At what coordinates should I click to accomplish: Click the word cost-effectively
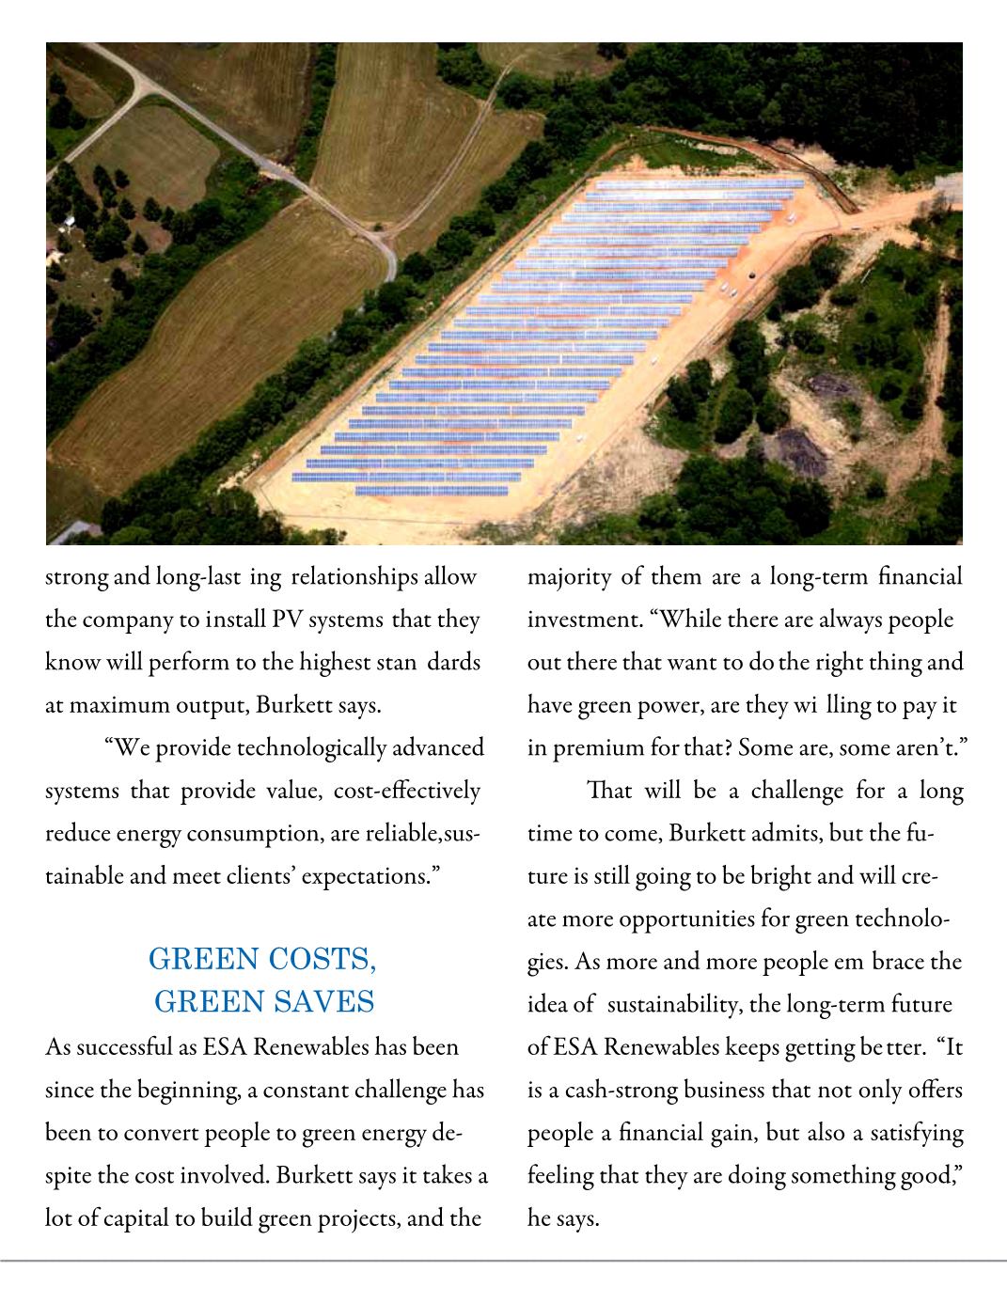click(406, 791)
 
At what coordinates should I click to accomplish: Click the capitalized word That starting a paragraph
click(608, 791)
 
